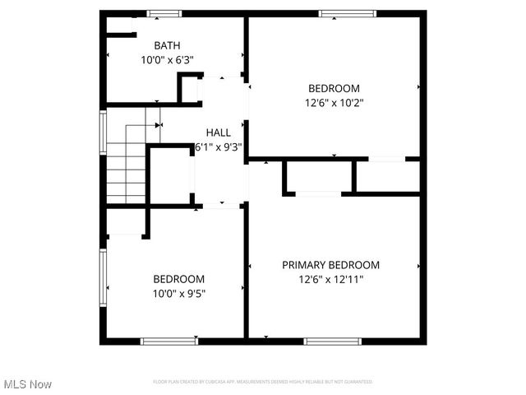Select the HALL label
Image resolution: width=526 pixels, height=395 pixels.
click(x=218, y=132)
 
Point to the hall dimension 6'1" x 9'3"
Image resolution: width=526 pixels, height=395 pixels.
click(x=218, y=146)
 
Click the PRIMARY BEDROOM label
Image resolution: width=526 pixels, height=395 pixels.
click(x=331, y=265)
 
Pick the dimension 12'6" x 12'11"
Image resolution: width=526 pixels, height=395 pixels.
click(x=331, y=279)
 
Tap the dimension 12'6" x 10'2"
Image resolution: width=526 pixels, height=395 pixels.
click(x=335, y=103)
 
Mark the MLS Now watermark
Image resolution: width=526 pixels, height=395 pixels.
click(x=28, y=383)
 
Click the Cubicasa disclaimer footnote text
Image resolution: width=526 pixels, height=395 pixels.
click(x=263, y=382)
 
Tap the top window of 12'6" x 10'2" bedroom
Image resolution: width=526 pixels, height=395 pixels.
click(x=348, y=13)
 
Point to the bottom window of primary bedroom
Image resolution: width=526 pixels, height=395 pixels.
click(x=333, y=341)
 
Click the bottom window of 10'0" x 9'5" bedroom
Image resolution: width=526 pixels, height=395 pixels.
click(x=168, y=341)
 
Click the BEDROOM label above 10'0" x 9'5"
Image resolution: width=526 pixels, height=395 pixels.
click(x=179, y=279)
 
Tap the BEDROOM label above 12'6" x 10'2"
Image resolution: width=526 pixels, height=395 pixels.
click(x=335, y=89)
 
